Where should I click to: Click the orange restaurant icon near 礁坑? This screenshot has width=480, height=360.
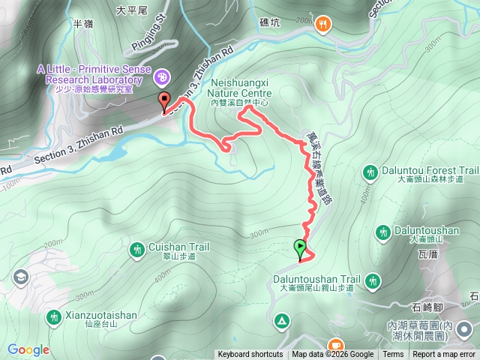point(323,24)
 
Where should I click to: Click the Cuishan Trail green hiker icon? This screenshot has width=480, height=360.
point(136,249)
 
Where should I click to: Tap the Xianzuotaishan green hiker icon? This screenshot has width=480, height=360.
point(53,318)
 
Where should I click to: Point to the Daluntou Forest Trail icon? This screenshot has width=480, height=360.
point(370,173)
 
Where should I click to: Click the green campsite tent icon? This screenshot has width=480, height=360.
point(282,321)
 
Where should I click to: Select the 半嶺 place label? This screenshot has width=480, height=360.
point(82,24)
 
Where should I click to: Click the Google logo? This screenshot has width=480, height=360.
point(28,349)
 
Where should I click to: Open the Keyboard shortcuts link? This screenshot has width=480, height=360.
point(250,355)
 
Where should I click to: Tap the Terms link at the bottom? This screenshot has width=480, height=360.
point(393,355)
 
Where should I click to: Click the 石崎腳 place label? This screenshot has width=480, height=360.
point(429,307)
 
